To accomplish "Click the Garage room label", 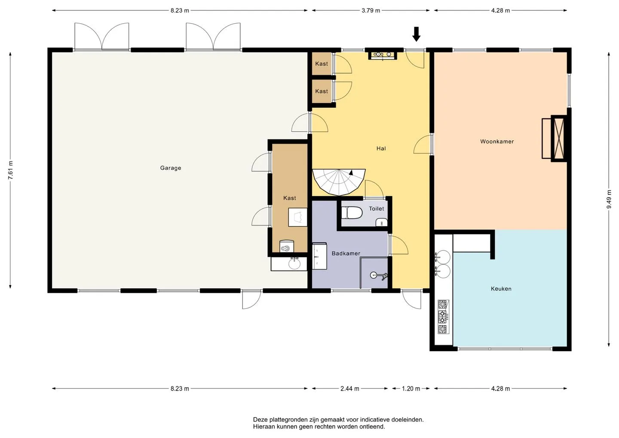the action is pyautogui.click(x=171, y=168).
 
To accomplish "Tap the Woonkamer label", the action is pyautogui.click(x=497, y=142).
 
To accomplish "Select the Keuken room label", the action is pyautogui.click(x=501, y=289).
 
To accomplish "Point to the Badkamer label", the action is pyautogui.click(x=346, y=253).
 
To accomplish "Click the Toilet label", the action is pyautogui.click(x=377, y=209).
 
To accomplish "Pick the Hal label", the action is pyautogui.click(x=381, y=148).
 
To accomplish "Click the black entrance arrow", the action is pyautogui.click(x=416, y=34).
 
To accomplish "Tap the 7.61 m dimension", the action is pyautogui.click(x=10, y=170).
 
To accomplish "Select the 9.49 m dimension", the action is pyautogui.click(x=609, y=199).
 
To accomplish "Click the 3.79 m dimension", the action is pyautogui.click(x=371, y=10).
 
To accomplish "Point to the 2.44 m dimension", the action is pyautogui.click(x=349, y=389).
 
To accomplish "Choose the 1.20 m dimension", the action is pyautogui.click(x=411, y=389).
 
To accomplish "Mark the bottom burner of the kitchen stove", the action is pyautogui.click(x=443, y=329).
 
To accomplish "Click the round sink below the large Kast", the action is pyautogui.click(x=294, y=263).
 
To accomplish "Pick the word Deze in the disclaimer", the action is pyautogui.click(x=260, y=419).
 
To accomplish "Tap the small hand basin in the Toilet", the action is pyautogui.click(x=382, y=222).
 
